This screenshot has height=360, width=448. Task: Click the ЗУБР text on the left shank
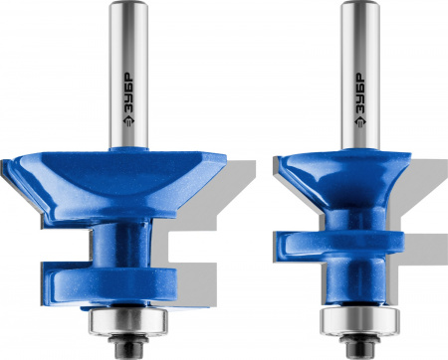click(x=128, y=92)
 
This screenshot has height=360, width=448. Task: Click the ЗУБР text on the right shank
click(x=359, y=92)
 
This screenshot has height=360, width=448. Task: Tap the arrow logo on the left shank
click(x=128, y=121)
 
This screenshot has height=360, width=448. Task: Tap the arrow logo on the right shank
click(x=359, y=121)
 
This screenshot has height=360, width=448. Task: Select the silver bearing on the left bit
click(x=127, y=321)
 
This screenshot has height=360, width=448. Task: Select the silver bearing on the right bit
click(x=359, y=321)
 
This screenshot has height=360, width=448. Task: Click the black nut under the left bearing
click(x=129, y=346)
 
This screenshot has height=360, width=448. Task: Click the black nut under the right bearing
click(x=359, y=346)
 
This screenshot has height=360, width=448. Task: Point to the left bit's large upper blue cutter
click(x=114, y=187)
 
